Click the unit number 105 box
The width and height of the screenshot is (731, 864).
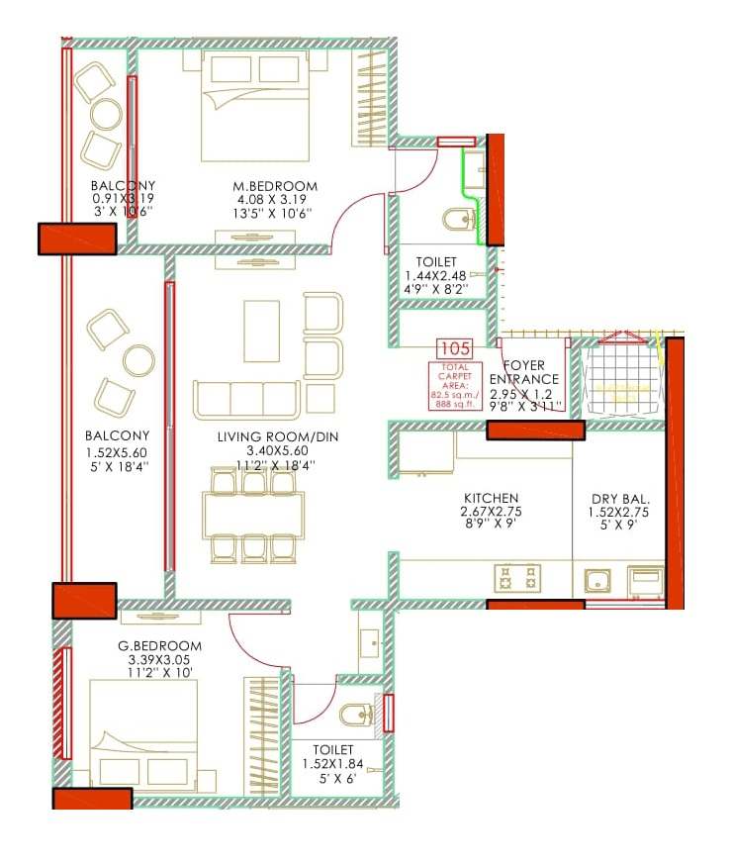pyautogui.click(x=456, y=348)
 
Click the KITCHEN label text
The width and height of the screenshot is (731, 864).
pyautogui.click(x=491, y=498)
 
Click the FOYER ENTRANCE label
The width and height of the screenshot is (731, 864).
pyautogui.click(x=524, y=372)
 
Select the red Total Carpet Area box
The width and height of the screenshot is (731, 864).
pyautogui.click(x=451, y=386)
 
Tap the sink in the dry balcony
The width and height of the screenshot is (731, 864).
pyautogui.click(x=600, y=580)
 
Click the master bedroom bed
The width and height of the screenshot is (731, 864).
pyautogui.click(x=261, y=106)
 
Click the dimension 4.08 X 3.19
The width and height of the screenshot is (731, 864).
pyautogui.click(x=261, y=199)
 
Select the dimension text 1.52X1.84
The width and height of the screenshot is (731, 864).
pyautogui.click(x=334, y=764)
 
